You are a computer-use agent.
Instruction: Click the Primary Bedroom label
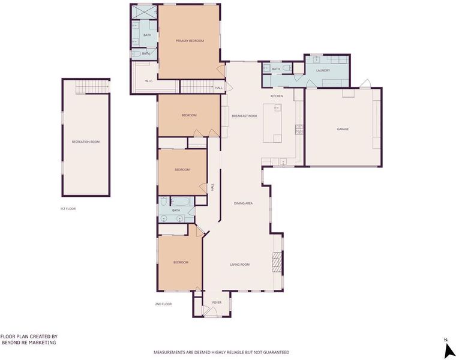(190, 41)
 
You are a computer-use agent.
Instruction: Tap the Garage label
(343, 129)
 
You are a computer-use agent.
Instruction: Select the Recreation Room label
(86, 142)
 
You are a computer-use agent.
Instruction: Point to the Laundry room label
(323, 71)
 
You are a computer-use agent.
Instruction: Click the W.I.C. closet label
(149, 81)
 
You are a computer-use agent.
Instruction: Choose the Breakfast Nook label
(245, 116)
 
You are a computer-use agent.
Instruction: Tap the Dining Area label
(243, 203)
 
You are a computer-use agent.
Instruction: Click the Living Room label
(240, 265)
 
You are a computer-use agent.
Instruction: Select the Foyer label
(217, 302)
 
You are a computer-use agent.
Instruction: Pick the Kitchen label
(277, 96)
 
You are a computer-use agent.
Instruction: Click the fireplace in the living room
(277, 262)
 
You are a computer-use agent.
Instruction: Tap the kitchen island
(272, 123)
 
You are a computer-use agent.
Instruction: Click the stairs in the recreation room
(92, 87)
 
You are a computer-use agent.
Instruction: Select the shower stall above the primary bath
(145, 12)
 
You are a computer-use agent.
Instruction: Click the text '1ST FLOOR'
(68, 209)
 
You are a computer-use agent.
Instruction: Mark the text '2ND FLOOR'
(163, 304)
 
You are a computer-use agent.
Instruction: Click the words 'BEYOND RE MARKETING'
(29, 343)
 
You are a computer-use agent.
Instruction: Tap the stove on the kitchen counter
(299, 129)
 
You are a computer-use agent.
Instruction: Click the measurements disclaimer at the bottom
(221, 352)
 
